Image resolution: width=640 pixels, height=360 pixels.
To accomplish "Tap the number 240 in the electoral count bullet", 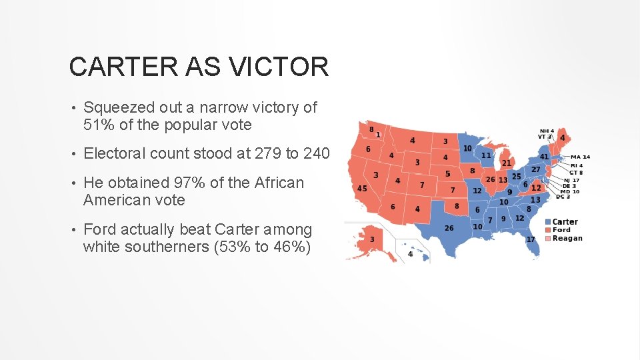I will coord(316,153).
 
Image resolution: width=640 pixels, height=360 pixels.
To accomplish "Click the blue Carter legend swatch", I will coord(548,222).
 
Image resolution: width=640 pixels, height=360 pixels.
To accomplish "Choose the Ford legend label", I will coord(562,230).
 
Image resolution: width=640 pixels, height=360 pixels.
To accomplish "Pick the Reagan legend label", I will coord(567,238).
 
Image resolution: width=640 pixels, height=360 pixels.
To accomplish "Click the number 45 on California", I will coord(362,188).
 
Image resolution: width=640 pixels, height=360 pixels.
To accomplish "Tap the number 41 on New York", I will coord(544,157).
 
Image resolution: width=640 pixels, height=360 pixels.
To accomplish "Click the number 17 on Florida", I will coord(531,239).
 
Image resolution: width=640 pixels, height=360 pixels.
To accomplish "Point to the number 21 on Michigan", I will coord(507,163).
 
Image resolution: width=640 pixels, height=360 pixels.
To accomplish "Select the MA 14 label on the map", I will coord(580,157).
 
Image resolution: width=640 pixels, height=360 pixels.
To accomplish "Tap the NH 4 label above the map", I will coord(547,131).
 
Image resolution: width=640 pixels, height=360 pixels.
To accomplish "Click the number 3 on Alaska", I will coord(372,239).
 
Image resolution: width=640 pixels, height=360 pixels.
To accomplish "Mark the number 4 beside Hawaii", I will coord(410,254).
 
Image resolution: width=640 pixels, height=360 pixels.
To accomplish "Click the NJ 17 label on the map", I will coord(571,181).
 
